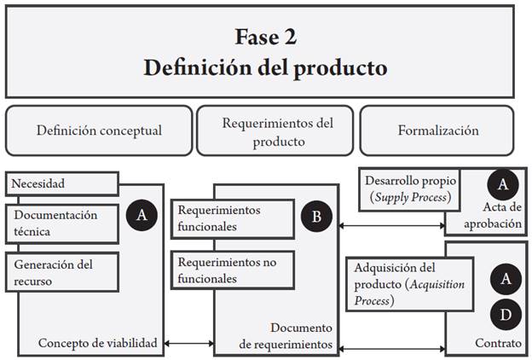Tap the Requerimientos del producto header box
point(278,131)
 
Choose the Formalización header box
point(437,131)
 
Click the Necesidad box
point(61,183)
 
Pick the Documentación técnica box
point(61,223)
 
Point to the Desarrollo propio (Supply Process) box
point(410,189)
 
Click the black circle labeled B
point(316,217)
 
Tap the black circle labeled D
point(506,316)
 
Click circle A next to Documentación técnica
point(142,216)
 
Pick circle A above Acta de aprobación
point(503,185)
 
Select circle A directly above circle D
point(506,278)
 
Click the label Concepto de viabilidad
point(98,343)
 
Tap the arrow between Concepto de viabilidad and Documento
point(189,343)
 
